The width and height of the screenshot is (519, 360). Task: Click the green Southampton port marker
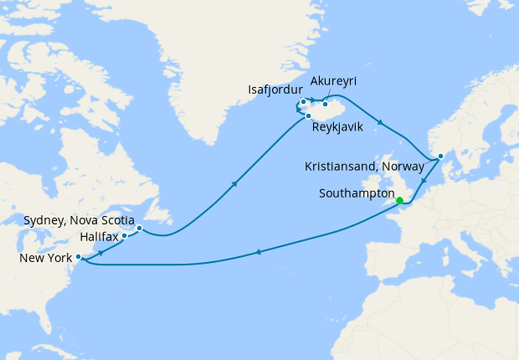click(x=399, y=200)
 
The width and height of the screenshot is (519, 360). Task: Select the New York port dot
click(x=78, y=257)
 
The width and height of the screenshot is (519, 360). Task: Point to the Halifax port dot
click(x=124, y=235)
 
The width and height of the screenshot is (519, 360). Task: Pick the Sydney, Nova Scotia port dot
click(x=139, y=228)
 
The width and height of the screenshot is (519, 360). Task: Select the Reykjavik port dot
click(x=309, y=116)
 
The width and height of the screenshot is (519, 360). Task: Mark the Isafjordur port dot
click(x=303, y=102)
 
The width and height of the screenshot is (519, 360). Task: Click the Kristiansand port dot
click(x=440, y=156)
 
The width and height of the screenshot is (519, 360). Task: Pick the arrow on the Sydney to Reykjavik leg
click(x=234, y=183)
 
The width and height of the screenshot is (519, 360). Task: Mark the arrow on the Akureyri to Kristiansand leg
click(x=381, y=124)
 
